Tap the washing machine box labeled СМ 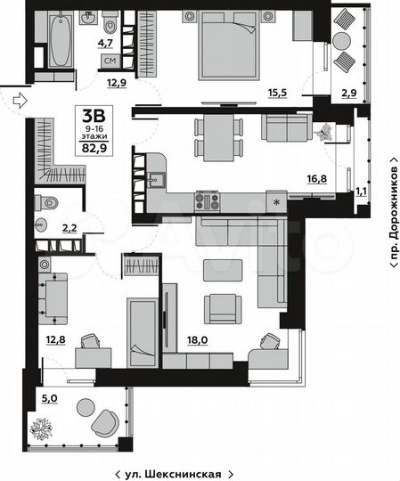click(x=110, y=61)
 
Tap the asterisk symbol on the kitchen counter click(x=278, y=200)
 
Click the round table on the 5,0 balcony click(x=85, y=408)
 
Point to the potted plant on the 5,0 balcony click(x=42, y=427)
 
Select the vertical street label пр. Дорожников click(x=391, y=215)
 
